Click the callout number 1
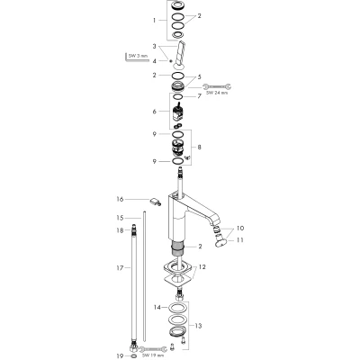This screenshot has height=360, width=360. click(155, 21)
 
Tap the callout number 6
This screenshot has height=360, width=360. click(155, 112)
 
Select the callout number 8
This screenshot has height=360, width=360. click(200, 148)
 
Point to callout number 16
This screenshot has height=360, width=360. click(120, 199)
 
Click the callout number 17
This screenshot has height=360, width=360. click(120, 267)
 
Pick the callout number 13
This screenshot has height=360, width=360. click(198, 326)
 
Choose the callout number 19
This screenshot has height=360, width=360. click(120, 356)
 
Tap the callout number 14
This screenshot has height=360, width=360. click(157, 307)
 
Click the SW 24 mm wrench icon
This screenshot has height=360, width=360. click(217, 87)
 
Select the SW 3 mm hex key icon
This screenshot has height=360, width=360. click(137, 58)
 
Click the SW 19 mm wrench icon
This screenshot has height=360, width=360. click(152, 348)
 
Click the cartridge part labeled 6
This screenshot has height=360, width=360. click(177, 114)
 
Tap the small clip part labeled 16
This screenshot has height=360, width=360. click(155, 202)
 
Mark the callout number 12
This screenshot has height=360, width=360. click(202, 266)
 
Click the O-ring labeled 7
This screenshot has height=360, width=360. click(177, 97)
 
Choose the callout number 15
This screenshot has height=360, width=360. click(120, 218)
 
